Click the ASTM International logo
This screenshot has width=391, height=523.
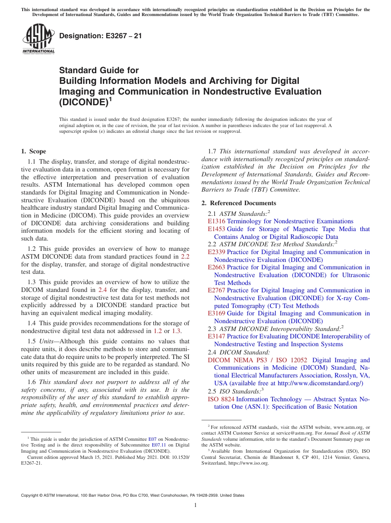tap(38, 39)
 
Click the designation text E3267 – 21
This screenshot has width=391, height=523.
tap(101, 36)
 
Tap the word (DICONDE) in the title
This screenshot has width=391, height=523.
tap(84, 102)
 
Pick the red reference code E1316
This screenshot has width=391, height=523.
tap(216, 221)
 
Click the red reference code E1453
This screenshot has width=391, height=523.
tap(216, 229)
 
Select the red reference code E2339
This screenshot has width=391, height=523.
tap(216, 252)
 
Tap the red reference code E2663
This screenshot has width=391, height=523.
tap(216, 267)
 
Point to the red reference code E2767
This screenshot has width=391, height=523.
tap(216, 290)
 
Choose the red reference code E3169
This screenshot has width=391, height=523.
tap(216, 313)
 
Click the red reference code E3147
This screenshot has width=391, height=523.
tap(216, 336)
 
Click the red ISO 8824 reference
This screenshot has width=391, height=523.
tap(221, 399)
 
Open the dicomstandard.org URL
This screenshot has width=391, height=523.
tap(320, 383)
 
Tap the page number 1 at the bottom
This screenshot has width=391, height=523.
tap(195, 505)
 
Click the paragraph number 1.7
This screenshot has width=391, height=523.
tap(213, 151)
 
